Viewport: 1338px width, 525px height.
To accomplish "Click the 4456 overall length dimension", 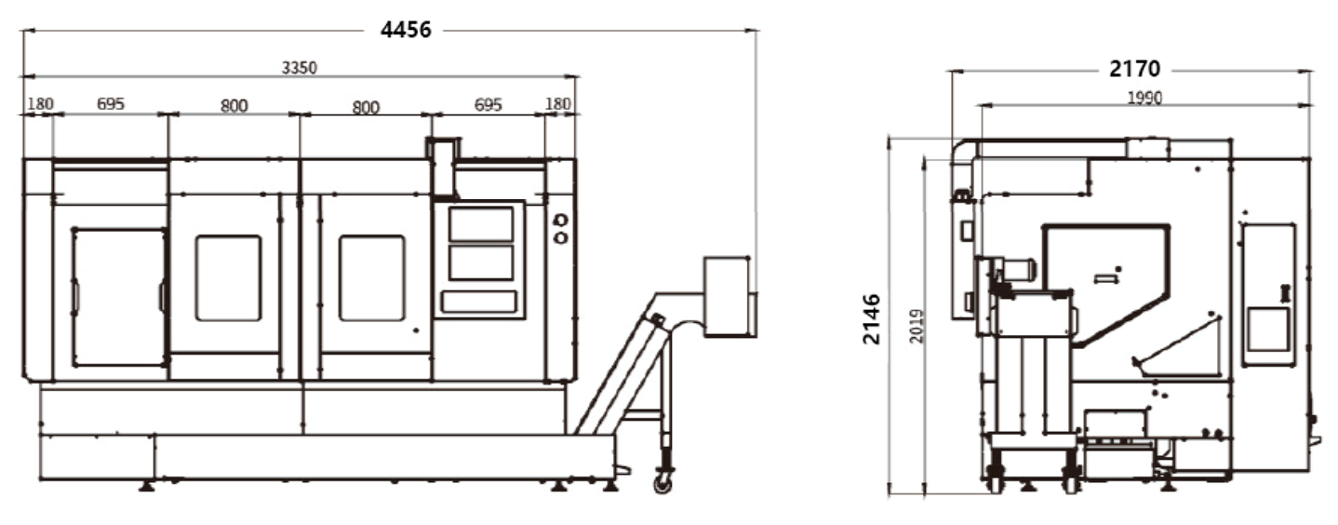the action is point(406,29).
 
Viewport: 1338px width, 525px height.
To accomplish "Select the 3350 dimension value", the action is point(300,68).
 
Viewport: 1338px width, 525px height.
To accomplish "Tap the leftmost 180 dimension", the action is point(41,104).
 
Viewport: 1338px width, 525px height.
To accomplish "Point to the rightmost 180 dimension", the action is point(558,104).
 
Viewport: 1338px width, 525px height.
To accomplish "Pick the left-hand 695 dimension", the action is point(111,104).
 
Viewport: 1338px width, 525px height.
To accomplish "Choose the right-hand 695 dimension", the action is point(488,104).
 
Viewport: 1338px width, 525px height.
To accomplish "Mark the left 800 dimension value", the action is point(234,106).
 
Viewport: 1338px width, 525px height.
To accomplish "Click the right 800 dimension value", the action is point(366,107).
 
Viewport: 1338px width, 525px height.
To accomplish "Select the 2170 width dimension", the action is point(1135,69).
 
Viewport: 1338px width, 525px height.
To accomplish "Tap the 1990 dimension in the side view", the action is point(1144,98).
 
